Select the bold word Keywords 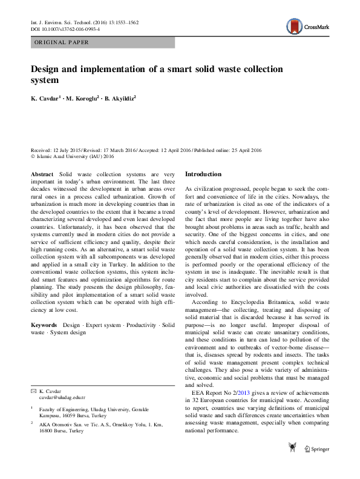pos(45,325)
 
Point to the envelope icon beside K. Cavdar pos(34,391)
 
